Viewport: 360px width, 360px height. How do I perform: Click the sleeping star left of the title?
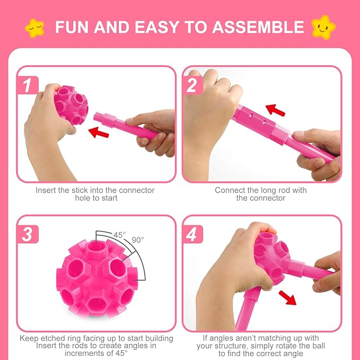pos(35,27)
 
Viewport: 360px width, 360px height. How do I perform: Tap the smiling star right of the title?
pos(324,26)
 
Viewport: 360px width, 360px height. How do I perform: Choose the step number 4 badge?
pos(191,234)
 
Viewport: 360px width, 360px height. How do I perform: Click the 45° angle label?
pos(120,234)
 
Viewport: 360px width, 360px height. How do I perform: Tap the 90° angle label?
pos(138,240)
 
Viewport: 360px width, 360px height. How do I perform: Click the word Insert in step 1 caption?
pos(46,190)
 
